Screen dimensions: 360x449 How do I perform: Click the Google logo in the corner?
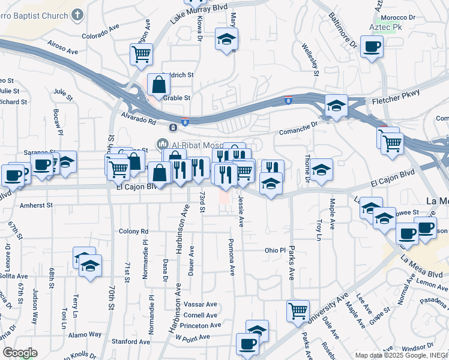pos(20,353)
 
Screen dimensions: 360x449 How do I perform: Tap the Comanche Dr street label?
pos(298,126)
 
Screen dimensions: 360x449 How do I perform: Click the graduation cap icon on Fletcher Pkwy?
pos(337,106)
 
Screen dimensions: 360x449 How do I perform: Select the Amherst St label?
pos(36,205)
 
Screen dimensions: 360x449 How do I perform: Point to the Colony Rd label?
pos(133,231)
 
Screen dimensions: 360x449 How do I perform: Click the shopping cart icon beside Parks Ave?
pos(298,310)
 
